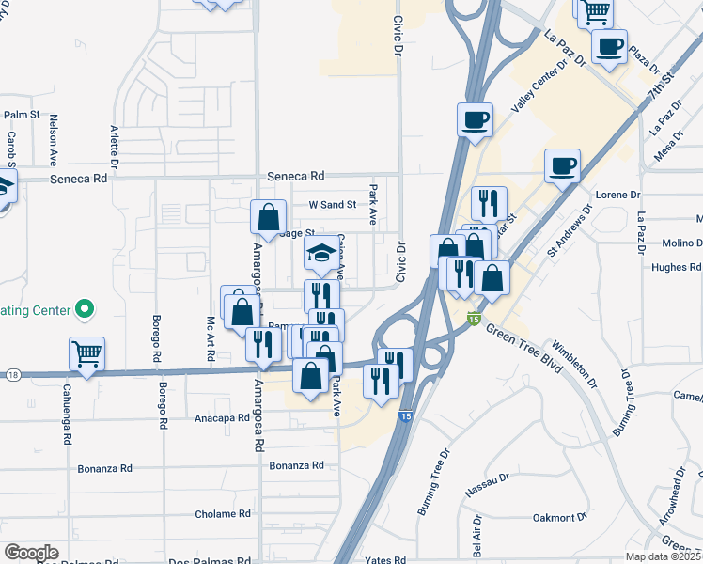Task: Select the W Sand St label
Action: point(333,204)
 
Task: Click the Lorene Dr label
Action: point(617,195)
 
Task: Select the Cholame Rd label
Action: point(223,514)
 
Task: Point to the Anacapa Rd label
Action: point(221,416)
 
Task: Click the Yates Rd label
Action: point(387,559)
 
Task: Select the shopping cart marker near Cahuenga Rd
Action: point(86,354)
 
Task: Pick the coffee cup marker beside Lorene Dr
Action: point(562,166)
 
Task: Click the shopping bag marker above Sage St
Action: point(268,217)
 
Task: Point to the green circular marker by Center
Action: point(84,307)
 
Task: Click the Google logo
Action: point(31,553)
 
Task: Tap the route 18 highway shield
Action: point(12,375)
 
